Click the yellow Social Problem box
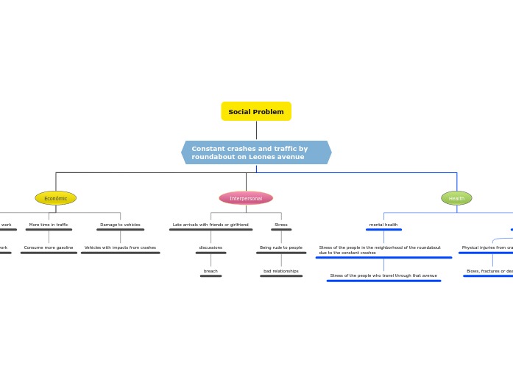coord(256,111)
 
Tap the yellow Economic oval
coord(55,198)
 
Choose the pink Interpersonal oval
coord(246,198)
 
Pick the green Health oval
coord(456,198)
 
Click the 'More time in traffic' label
coord(49,225)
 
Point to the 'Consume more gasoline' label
coord(49,247)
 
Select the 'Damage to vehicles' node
coord(120,225)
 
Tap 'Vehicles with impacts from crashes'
coord(120,247)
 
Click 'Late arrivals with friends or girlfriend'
coord(210,225)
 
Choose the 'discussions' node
coord(210,247)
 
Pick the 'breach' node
coord(210,271)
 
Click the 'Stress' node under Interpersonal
coord(281,225)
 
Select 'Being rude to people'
coord(281,247)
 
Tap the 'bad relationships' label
coord(281,271)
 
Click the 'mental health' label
coord(383,225)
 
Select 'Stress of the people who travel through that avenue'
coord(383,275)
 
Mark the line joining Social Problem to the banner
coord(256,130)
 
